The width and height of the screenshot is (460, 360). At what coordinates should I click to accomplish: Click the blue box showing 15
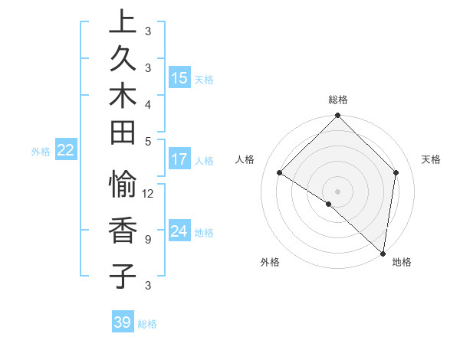(x=179, y=77)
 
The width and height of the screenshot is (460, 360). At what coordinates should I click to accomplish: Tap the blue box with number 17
(x=179, y=159)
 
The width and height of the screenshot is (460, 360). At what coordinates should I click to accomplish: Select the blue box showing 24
(x=179, y=231)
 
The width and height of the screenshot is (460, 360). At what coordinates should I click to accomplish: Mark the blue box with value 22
(x=66, y=150)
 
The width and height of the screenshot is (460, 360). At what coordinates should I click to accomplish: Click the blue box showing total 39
(x=123, y=322)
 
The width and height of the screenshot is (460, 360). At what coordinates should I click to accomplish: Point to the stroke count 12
(x=149, y=193)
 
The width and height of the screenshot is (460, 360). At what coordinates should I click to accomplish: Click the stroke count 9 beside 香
(x=147, y=239)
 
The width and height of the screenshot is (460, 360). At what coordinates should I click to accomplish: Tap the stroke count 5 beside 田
(x=147, y=141)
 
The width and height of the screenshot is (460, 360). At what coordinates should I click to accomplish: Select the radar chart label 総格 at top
(x=338, y=100)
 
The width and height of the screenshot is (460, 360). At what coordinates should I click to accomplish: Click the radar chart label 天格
(x=432, y=159)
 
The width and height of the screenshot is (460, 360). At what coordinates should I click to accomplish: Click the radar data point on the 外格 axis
(x=329, y=204)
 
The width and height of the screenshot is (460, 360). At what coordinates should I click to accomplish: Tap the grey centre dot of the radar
(x=338, y=191)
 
